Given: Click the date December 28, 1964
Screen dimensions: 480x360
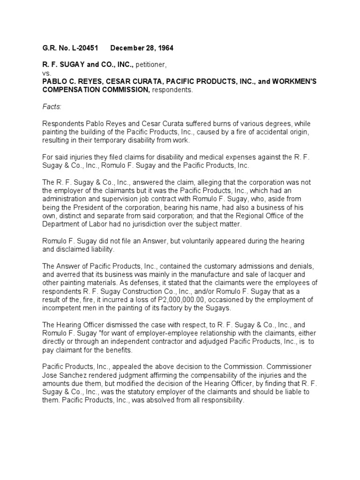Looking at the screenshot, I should [137, 48].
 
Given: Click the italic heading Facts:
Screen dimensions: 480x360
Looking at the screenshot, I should [51, 107].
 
